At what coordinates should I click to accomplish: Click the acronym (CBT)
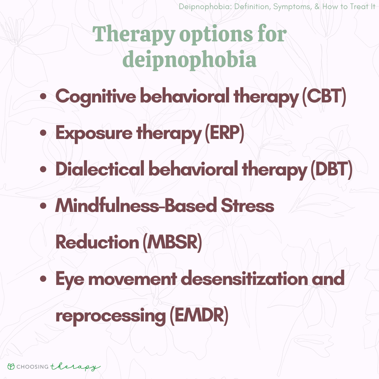click(324, 97)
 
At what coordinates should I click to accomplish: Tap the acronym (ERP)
click(224, 133)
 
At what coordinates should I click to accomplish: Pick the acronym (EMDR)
click(199, 315)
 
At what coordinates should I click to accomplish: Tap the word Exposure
click(94, 133)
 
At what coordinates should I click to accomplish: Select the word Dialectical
click(100, 169)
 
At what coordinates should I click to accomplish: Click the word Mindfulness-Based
click(136, 206)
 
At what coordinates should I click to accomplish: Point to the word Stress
click(247, 206)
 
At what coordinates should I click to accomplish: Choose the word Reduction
click(97, 242)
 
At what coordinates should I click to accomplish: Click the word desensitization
click(244, 279)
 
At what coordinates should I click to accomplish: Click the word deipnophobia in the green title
click(189, 59)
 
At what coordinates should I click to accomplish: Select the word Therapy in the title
click(134, 34)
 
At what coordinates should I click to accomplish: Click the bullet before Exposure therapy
click(43, 133)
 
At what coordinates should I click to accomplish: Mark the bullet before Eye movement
click(43, 279)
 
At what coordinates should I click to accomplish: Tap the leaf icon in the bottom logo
click(11, 366)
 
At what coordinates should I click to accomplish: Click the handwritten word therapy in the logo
click(75, 367)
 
